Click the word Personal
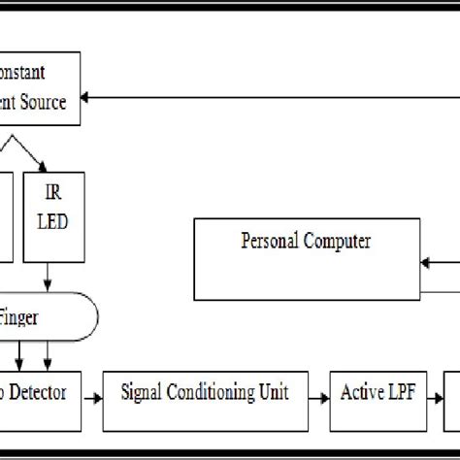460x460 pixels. [270, 241]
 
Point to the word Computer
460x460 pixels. [336, 241]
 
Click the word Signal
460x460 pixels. [145, 393]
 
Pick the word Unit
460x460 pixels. [288, 393]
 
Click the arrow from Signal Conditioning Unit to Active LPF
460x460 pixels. [320, 395]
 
